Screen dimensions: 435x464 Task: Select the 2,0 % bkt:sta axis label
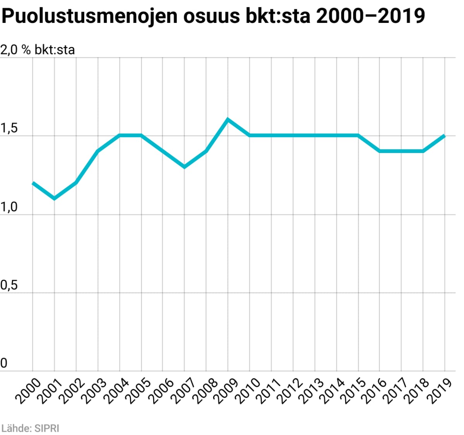tap(38, 50)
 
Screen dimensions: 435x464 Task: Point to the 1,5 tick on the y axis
tap(9, 129)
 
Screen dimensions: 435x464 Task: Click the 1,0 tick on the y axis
tap(9, 207)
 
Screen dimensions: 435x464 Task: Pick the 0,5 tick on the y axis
tap(9, 285)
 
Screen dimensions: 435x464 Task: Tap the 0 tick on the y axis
tap(4, 363)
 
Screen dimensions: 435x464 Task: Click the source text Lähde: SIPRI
tap(31, 428)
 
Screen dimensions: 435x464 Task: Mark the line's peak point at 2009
tap(228, 119)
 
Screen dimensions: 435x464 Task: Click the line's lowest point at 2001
tap(54, 199)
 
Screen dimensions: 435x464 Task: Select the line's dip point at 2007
tap(184, 167)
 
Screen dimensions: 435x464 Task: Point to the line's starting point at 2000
tap(33, 182)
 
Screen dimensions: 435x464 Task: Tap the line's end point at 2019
tap(445, 136)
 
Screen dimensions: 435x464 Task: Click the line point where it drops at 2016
tap(380, 151)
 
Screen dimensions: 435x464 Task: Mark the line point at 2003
tap(98, 151)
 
